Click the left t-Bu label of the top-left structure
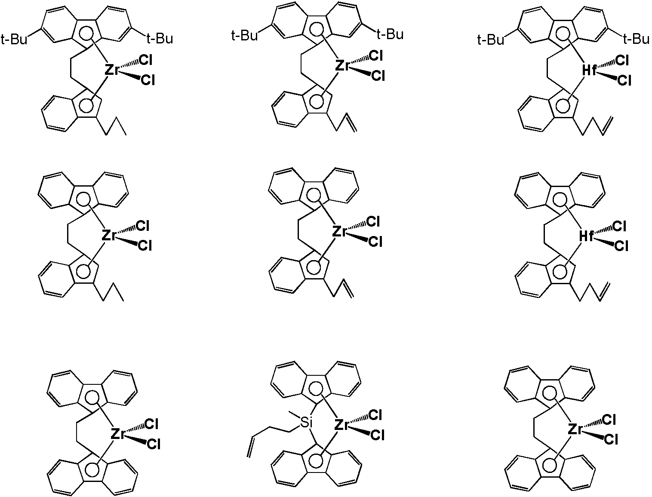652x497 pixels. [x=14, y=39]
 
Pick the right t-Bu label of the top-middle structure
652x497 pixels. [x=391, y=34]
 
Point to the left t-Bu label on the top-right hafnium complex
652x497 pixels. [x=491, y=39]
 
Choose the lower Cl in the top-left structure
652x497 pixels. [x=148, y=80]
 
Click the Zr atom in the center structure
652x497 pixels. [x=340, y=231]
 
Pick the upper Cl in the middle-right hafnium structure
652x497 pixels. [x=620, y=227]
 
